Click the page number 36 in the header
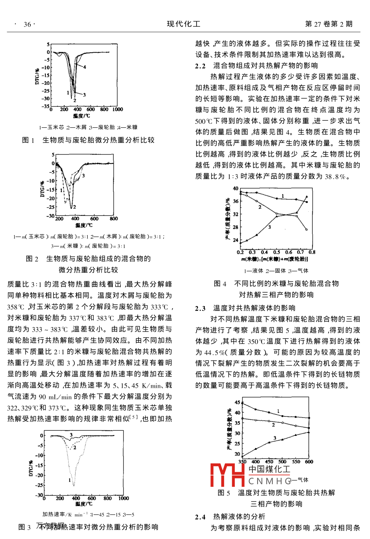tap(27, 24)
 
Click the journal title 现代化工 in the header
tap(183, 24)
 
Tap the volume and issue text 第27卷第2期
tap(329, 24)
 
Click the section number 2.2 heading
tap(200, 66)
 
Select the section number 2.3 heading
tap(200, 308)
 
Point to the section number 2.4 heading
tap(200, 517)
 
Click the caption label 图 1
tap(28, 140)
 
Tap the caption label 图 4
tap(220, 283)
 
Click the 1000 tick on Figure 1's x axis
tap(118, 109)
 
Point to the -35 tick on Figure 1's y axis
tap(46, 106)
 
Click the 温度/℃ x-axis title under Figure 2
tap(84, 225)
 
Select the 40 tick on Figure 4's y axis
tap(236, 189)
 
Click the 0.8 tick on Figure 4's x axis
tap(312, 252)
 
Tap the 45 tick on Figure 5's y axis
tap(238, 402)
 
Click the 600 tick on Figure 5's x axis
tap(309, 462)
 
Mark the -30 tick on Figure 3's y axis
tap(39, 495)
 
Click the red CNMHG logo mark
tap(227, 475)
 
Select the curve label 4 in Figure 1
tap(85, 67)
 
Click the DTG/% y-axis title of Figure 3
tap(31, 468)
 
